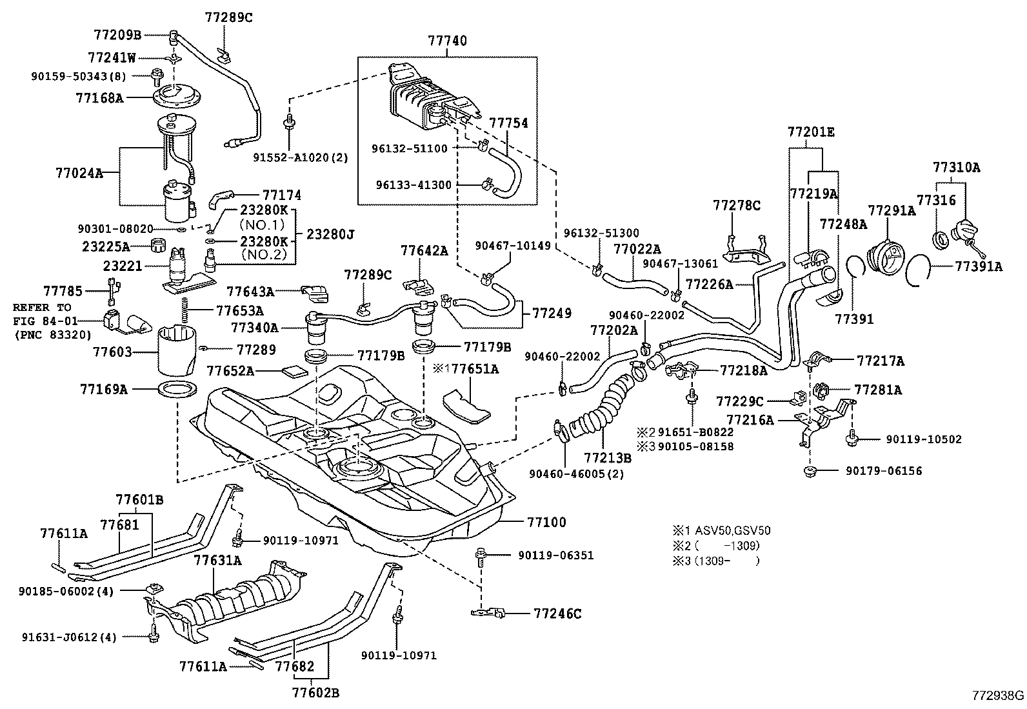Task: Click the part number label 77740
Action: pyautogui.click(x=447, y=41)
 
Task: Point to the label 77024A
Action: pyautogui.click(x=79, y=172)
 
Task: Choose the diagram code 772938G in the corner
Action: pyautogui.click(x=998, y=695)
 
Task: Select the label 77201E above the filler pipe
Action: pyautogui.click(x=811, y=132)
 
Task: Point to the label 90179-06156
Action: pyautogui.click(x=884, y=471)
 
